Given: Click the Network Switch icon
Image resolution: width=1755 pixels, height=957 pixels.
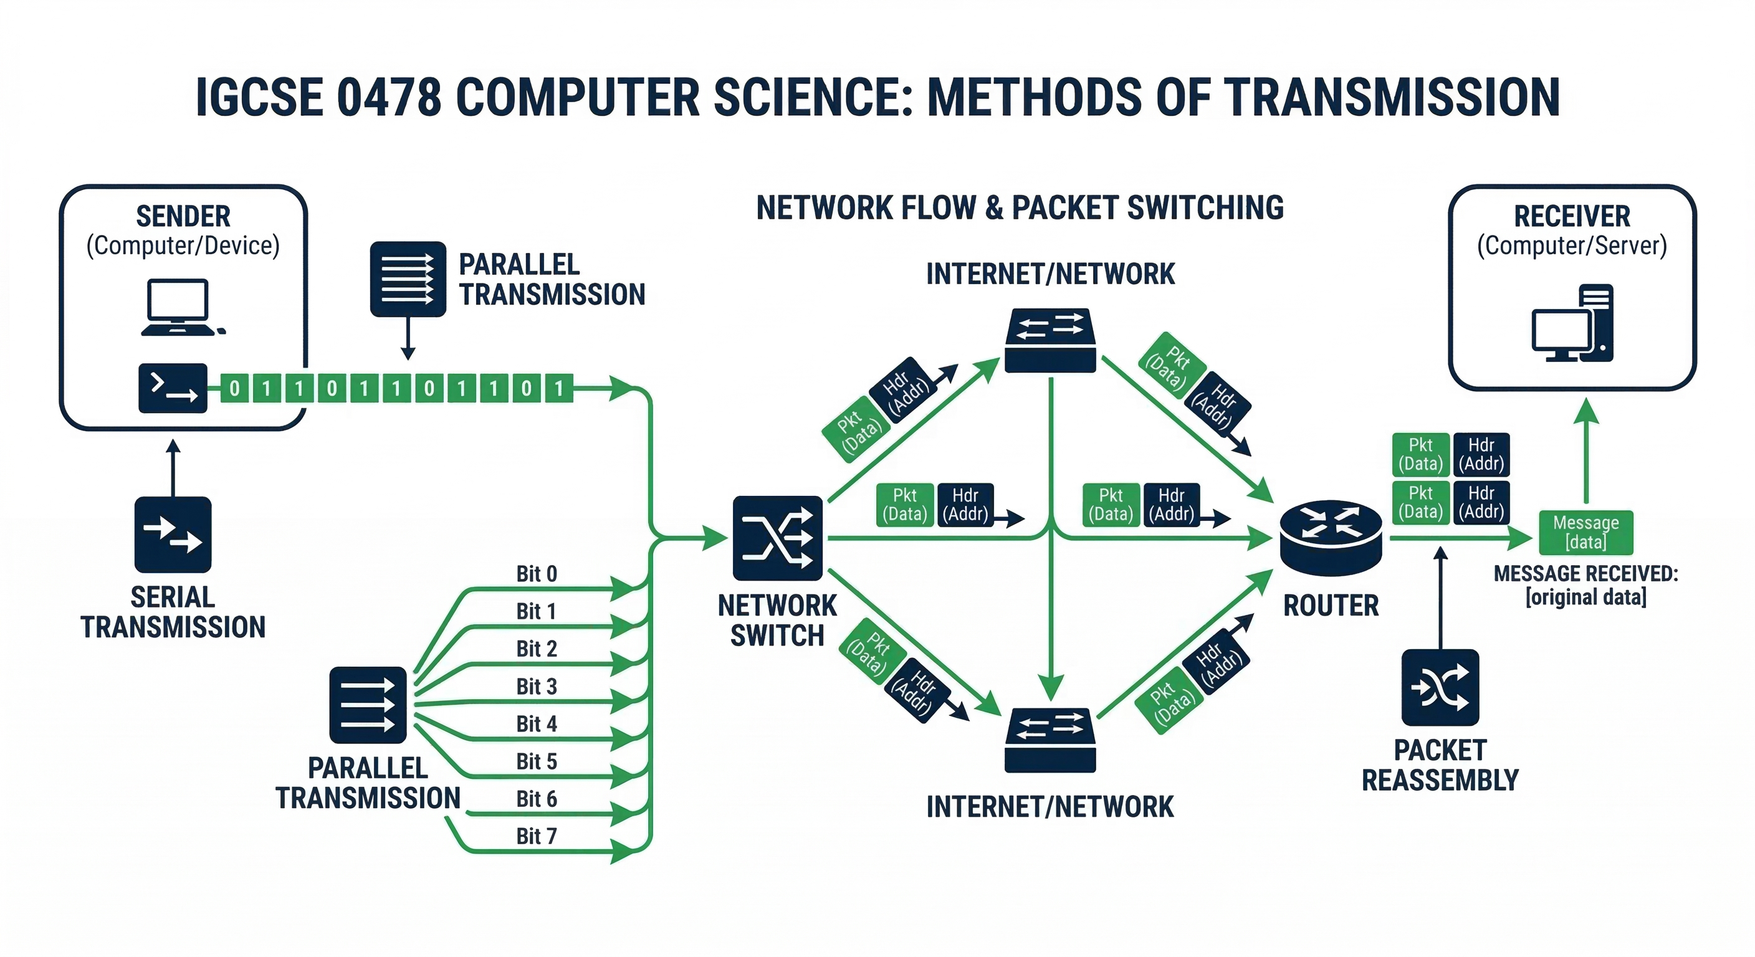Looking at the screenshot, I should [x=777, y=538].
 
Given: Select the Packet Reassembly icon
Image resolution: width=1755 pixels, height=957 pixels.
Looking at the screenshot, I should [x=1440, y=687].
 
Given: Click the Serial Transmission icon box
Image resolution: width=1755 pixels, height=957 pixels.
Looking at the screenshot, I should [x=173, y=535].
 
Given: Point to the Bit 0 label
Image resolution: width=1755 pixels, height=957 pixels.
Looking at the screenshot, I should [x=536, y=574].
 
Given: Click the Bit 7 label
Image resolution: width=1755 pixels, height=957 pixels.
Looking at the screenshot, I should [x=536, y=836].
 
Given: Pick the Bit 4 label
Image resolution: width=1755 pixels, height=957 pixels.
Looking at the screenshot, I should [x=536, y=723].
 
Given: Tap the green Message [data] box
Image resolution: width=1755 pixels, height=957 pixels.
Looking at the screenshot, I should [x=1585, y=532].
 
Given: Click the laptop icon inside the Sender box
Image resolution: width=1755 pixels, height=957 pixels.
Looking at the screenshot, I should [x=178, y=307].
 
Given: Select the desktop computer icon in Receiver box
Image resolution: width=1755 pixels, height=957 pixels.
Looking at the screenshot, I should [x=1573, y=323].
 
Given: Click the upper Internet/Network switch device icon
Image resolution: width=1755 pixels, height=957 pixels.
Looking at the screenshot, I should [x=1050, y=341].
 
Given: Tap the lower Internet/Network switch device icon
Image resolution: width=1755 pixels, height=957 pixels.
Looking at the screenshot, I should [x=1050, y=740].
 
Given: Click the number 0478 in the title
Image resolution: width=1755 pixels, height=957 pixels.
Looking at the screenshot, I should [x=389, y=97].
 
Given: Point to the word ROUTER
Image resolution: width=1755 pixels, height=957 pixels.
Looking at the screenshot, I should [x=1331, y=606].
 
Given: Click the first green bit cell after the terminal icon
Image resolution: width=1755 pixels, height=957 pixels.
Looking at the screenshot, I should [x=234, y=388].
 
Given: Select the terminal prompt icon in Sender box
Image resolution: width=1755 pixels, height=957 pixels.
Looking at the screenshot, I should [x=173, y=388].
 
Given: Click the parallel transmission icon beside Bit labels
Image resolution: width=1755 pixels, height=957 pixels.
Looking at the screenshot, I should [x=368, y=705].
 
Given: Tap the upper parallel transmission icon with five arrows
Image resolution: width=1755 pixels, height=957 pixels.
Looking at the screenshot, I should [x=408, y=279].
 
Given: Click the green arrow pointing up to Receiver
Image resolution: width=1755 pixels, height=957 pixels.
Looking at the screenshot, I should [x=1586, y=450].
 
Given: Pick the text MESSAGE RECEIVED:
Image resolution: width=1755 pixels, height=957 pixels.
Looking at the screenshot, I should [x=1585, y=574].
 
